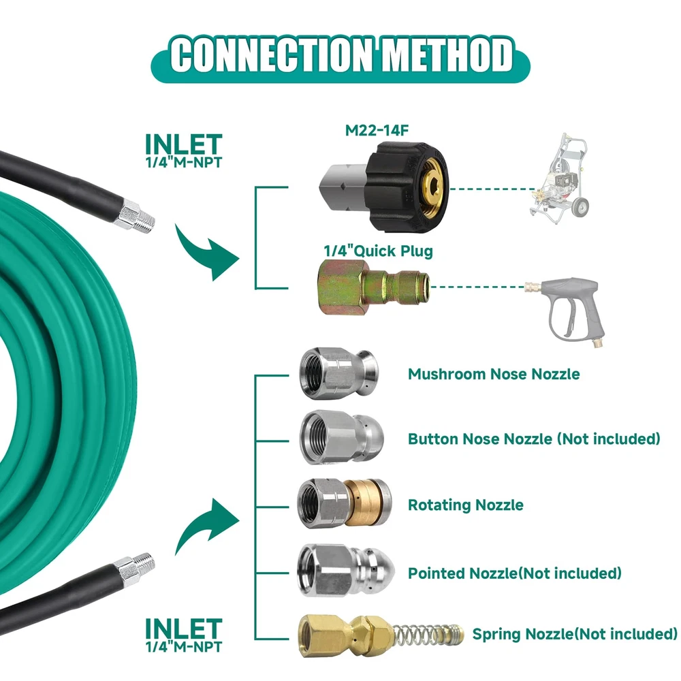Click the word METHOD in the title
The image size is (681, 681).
(447, 55)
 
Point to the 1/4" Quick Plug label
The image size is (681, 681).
(378, 251)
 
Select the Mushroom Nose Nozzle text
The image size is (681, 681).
(494, 374)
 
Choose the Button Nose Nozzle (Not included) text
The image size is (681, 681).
(534, 439)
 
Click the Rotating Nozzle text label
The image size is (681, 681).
(466, 505)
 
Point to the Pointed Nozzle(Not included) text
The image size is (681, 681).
(515, 573)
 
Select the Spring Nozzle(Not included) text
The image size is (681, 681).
(575, 635)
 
